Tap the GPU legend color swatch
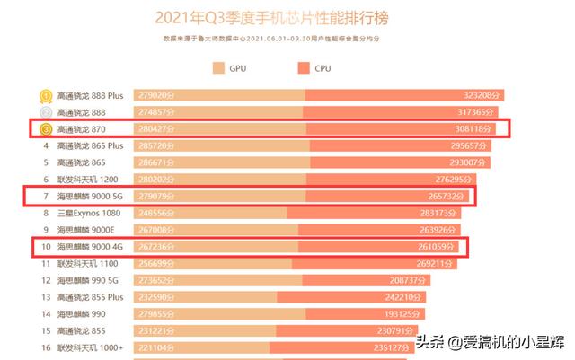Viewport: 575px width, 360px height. [218, 68]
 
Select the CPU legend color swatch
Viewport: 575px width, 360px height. [304, 68]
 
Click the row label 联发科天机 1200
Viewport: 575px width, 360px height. [89, 180]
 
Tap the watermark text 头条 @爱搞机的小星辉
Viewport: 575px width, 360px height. [490, 342]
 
